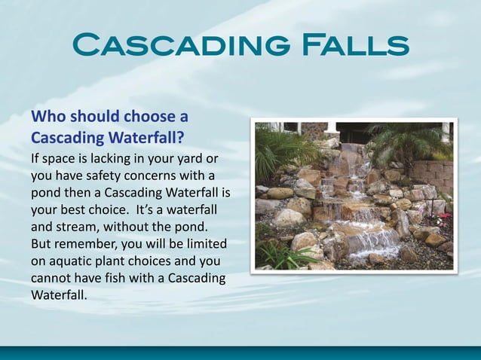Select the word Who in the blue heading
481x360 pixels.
click(46, 117)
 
